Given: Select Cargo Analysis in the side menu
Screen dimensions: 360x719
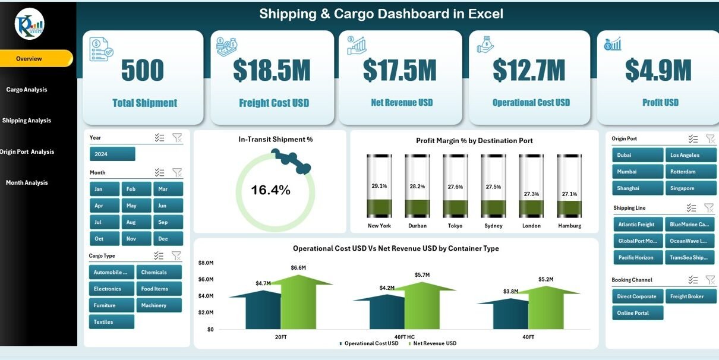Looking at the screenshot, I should click(27, 90).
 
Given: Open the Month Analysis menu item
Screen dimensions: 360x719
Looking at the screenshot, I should click(27, 183).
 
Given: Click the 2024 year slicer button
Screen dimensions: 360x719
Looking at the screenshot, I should click(112, 154).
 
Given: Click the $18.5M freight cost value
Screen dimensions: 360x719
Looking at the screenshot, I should click(272, 71).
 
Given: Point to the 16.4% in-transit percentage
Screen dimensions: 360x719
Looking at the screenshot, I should click(270, 190).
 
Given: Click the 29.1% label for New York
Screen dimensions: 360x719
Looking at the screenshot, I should click(379, 186).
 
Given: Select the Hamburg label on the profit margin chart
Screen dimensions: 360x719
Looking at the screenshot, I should click(569, 226).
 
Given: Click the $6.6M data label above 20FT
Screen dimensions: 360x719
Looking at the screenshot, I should click(298, 268).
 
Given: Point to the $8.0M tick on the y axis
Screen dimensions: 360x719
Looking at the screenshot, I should click(206, 263).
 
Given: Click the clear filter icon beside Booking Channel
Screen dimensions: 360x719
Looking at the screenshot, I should click(710, 280).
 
